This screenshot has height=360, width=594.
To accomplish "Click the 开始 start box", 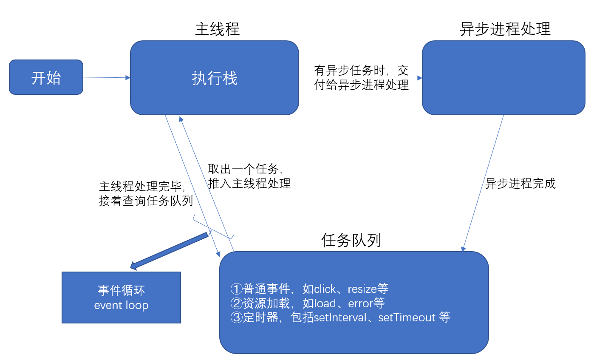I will (x=46, y=77).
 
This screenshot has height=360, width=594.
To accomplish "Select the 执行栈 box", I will (x=214, y=78).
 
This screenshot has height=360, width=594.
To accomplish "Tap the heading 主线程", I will (x=217, y=29).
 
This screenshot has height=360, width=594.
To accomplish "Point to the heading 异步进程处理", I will (x=505, y=29).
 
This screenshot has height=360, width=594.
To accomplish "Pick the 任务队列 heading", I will (x=351, y=241).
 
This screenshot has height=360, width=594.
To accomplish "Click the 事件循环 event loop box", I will (x=121, y=298).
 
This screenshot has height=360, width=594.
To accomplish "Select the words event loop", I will (x=121, y=305).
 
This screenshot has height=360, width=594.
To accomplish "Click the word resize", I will (x=362, y=289).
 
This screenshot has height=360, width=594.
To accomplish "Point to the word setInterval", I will (x=340, y=317).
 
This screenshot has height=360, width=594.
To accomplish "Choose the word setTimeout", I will (x=407, y=317).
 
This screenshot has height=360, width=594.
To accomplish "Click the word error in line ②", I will (x=360, y=303).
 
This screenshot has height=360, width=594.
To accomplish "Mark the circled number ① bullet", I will (x=236, y=289).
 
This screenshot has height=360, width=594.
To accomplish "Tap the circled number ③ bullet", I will (x=236, y=317).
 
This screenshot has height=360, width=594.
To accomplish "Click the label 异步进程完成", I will (x=520, y=184).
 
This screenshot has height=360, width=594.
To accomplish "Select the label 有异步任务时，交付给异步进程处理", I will (x=361, y=78).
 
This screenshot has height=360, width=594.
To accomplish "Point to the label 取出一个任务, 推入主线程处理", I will (x=249, y=176).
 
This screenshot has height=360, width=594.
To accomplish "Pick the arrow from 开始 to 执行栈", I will (x=106, y=77).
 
